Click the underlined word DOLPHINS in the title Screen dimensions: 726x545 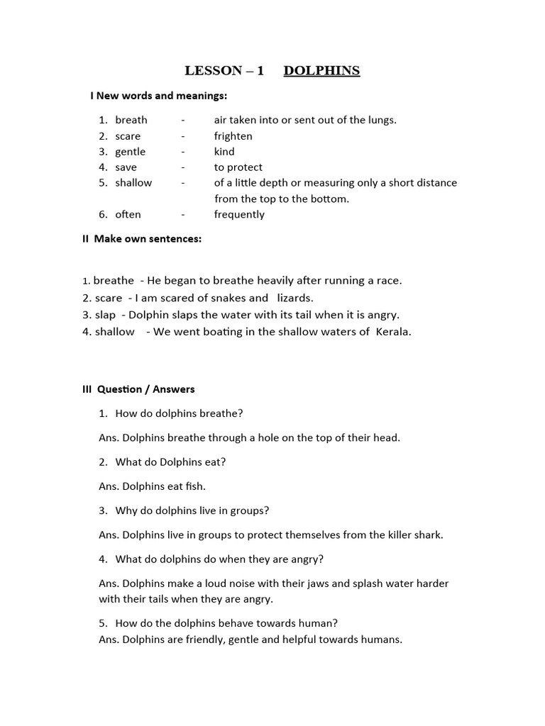[321, 71]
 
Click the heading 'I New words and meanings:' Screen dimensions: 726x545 [158, 96]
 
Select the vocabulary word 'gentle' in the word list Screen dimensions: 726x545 [130, 152]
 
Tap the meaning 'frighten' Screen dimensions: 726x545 [233, 136]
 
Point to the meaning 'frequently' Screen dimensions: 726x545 [239, 215]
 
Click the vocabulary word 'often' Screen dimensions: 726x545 [128, 215]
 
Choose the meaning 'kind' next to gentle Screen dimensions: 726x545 [224, 152]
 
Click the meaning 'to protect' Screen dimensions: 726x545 [238, 167]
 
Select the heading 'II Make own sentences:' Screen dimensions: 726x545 [142, 239]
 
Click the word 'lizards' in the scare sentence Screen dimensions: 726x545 [294, 298]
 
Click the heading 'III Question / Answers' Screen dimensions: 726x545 [138, 389]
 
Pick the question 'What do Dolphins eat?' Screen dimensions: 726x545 [170, 462]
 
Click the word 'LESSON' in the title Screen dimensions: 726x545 [213, 71]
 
